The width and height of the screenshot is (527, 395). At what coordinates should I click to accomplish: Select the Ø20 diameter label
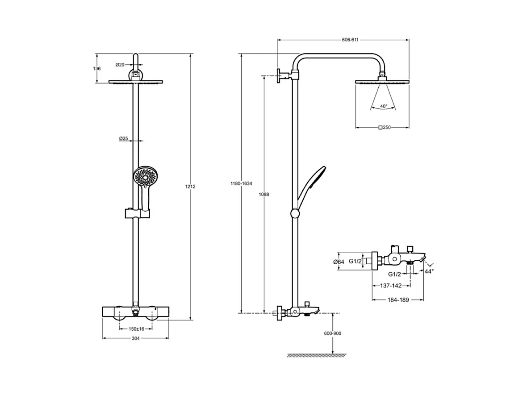click(120, 65)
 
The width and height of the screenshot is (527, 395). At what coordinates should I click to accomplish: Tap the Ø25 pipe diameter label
click(124, 139)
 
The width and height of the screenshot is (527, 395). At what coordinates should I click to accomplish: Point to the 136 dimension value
click(97, 69)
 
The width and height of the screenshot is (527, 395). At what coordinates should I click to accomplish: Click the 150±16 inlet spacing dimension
click(136, 329)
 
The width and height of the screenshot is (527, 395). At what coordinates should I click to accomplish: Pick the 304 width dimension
click(136, 338)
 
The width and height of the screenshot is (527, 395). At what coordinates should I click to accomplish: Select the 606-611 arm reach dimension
click(350, 39)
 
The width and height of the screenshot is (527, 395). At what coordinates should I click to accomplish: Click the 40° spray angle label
click(383, 106)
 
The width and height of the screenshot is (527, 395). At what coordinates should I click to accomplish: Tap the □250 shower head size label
click(385, 128)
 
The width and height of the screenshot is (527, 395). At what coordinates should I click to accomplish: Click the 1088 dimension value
click(264, 195)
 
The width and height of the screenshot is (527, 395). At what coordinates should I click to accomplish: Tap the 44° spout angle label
click(429, 271)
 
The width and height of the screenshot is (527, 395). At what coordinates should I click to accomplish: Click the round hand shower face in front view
click(146, 176)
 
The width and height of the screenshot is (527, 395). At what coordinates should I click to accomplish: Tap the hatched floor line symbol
click(317, 355)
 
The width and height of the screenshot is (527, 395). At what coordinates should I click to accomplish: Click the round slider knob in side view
click(295, 214)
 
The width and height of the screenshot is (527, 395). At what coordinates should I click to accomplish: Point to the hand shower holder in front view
click(137, 213)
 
